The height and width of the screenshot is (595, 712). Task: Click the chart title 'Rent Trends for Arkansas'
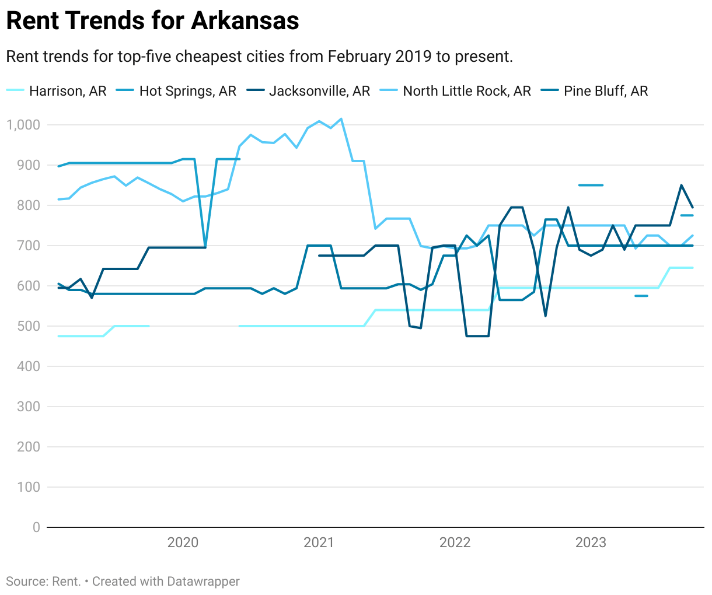click(152, 21)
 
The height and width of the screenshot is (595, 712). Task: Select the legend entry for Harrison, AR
click(68, 91)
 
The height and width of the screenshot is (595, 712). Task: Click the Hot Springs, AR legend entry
click(187, 91)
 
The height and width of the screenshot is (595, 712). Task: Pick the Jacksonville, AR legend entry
click(319, 91)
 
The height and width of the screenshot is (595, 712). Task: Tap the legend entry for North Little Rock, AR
click(466, 91)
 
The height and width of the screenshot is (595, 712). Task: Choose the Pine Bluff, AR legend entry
click(605, 91)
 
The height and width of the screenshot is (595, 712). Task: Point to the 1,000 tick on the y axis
click(23, 125)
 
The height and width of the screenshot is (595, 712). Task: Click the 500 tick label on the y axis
click(28, 326)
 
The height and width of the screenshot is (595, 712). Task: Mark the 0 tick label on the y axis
click(36, 527)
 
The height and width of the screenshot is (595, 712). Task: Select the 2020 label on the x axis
click(183, 542)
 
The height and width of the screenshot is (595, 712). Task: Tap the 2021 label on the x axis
click(319, 542)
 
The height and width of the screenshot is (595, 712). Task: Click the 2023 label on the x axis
click(591, 542)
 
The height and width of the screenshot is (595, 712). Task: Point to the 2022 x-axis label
click(455, 542)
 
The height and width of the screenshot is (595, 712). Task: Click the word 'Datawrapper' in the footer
click(203, 582)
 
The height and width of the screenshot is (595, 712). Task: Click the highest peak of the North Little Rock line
click(341, 119)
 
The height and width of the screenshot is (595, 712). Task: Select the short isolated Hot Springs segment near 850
click(591, 185)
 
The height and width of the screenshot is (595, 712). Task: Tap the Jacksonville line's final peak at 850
click(681, 185)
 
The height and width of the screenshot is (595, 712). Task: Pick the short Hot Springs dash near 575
click(641, 296)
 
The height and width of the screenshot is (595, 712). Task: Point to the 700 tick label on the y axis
click(28, 246)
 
